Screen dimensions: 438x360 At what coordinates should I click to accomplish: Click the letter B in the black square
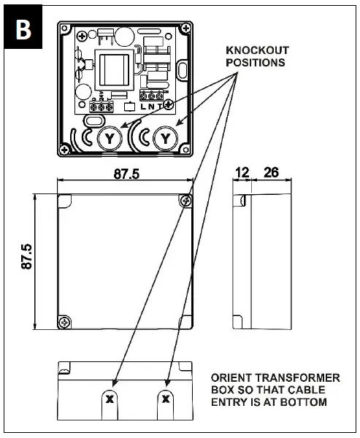23,28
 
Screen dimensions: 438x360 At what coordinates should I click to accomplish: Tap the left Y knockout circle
110,137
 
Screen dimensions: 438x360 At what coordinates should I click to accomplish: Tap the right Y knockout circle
166,137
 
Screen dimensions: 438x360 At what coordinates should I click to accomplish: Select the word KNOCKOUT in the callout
257,50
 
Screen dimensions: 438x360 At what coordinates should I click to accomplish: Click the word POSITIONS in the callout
256,63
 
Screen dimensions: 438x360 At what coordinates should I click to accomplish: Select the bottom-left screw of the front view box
66,321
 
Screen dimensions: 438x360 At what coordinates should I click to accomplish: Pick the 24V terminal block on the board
101,106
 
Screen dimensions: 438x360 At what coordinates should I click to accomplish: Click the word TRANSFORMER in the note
296,377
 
